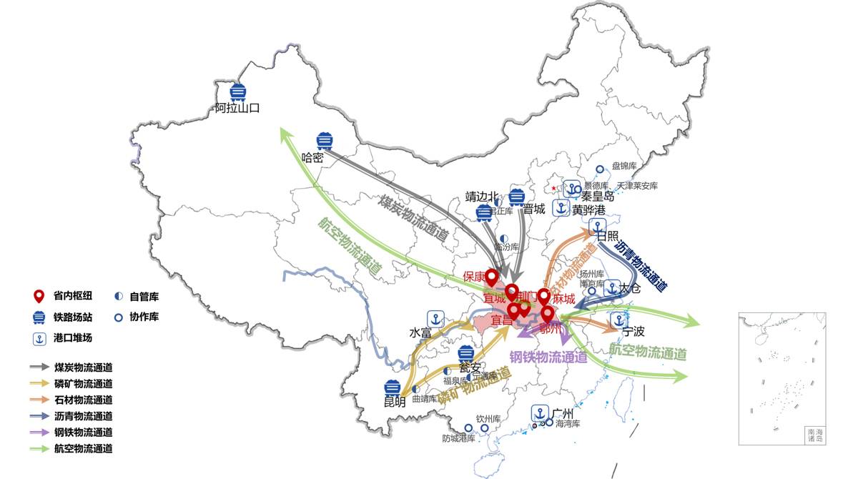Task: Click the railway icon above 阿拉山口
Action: tap(238, 92)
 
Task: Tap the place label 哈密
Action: tap(312, 158)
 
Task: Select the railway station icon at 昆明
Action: tap(391, 387)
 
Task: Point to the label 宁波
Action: tap(633, 332)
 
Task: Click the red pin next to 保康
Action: tap(491, 277)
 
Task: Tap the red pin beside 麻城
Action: tap(544, 297)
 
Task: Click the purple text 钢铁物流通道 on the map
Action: tap(548, 357)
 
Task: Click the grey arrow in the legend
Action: tap(39, 367)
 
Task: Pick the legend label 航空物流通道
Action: tap(83, 449)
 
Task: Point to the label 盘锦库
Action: tap(623, 166)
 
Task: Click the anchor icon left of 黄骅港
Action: tap(561, 209)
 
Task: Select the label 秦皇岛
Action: tap(598, 195)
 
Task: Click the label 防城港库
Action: tap(458, 438)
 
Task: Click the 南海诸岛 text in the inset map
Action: tap(815, 435)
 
